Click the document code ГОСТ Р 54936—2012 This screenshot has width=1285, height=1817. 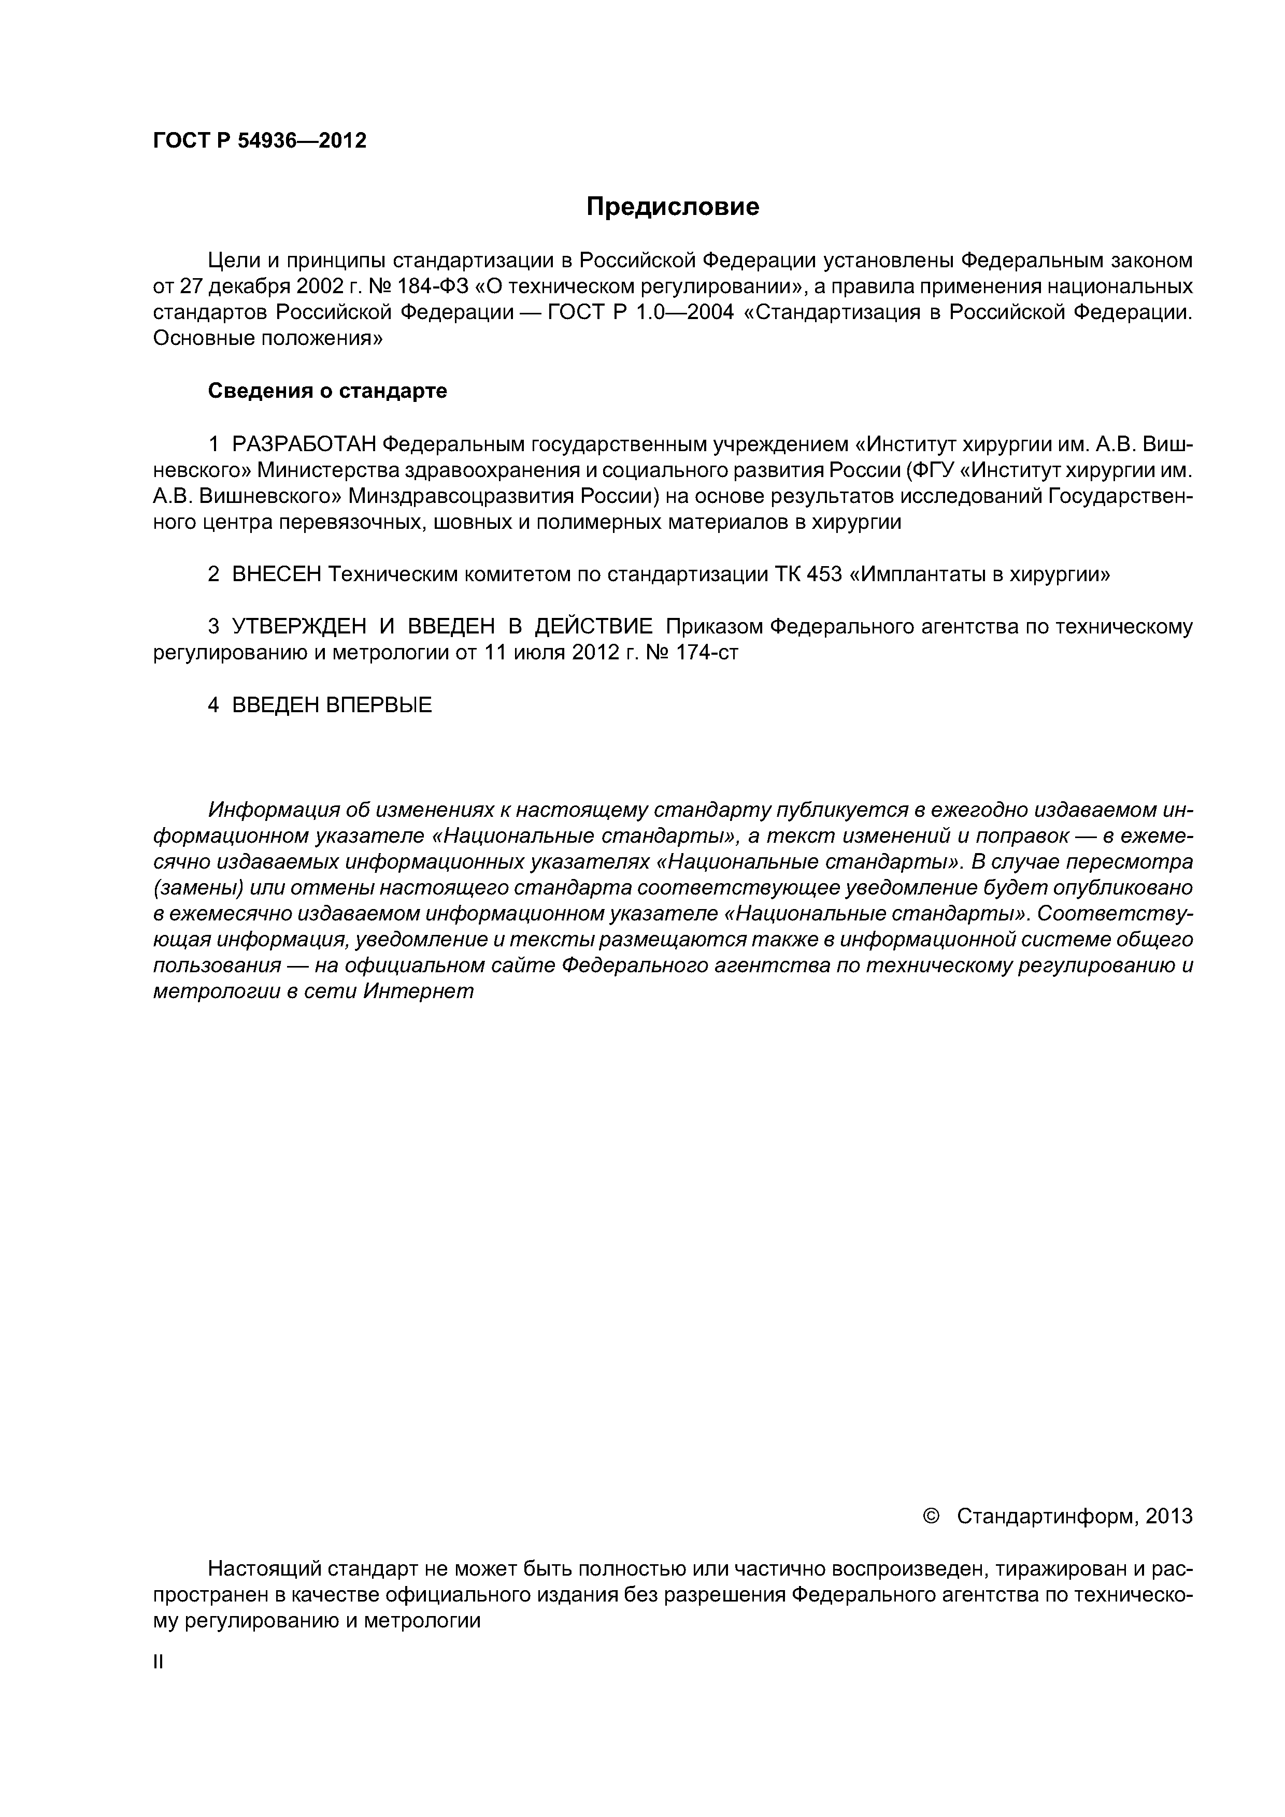point(260,141)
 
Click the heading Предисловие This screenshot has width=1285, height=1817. point(672,207)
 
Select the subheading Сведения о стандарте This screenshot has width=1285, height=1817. point(327,391)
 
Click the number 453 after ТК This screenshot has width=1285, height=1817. point(824,574)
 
